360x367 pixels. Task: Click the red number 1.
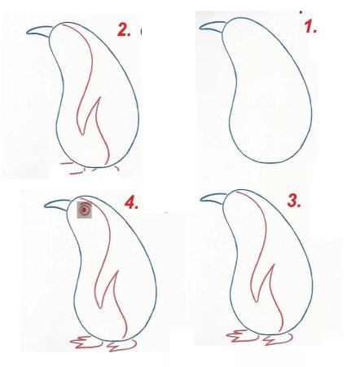coord(310,27)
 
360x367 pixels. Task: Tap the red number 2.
coord(124,29)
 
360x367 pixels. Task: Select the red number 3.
coord(294,201)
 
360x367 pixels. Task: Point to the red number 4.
coord(131,202)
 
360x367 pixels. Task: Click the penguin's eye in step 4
coord(85,210)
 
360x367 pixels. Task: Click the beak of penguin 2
coord(40,31)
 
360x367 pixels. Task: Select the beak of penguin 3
coord(213,198)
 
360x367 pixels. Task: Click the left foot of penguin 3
coord(243,336)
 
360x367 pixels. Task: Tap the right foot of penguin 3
coord(279,339)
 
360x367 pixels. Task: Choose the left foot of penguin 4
coord(86,343)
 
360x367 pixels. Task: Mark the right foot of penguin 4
coord(121,346)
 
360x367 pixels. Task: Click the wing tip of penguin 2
coord(82,134)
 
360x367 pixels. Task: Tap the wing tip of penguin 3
coord(256,301)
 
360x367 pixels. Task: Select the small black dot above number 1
coord(301,12)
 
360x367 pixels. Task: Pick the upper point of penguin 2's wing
coord(100,97)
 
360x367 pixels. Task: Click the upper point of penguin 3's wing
coord(274,265)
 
